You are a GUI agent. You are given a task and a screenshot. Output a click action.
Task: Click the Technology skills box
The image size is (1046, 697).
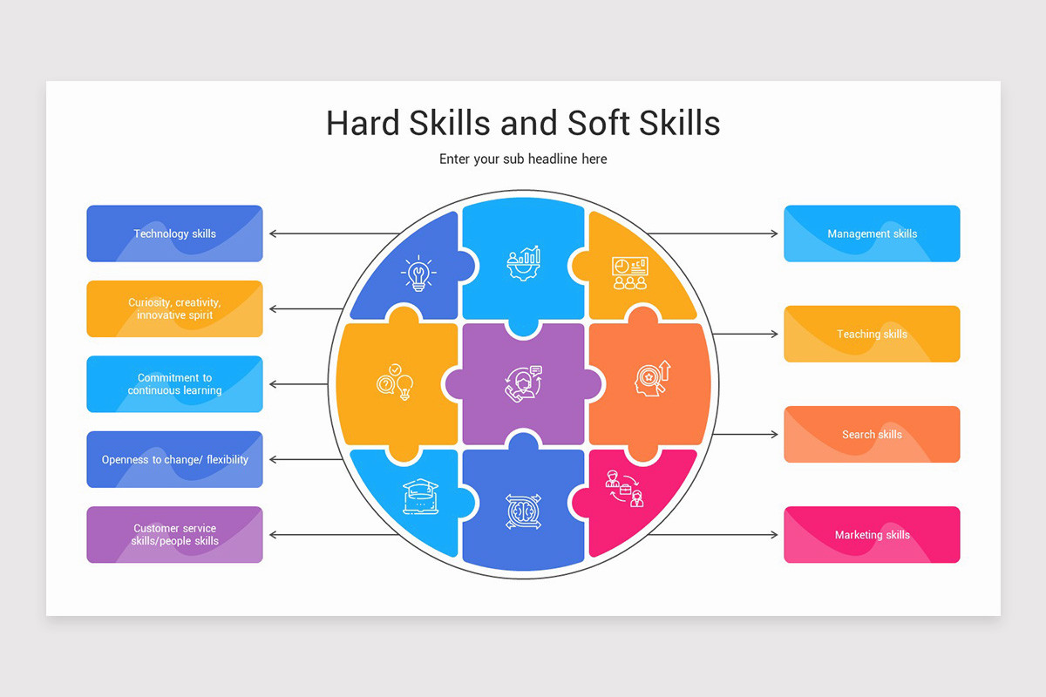(x=174, y=233)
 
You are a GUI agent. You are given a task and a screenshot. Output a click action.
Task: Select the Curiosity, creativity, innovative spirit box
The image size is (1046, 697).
(x=174, y=308)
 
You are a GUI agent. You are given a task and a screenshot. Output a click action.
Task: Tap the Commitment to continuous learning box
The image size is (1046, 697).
(x=174, y=383)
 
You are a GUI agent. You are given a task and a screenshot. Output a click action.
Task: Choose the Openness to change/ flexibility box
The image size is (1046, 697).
(x=174, y=459)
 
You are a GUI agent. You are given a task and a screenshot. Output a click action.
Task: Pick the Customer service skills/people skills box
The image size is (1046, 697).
(x=174, y=535)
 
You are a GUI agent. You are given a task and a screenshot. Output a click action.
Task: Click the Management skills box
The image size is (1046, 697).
(x=872, y=233)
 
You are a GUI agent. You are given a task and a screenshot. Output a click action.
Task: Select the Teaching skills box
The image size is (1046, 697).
(x=872, y=334)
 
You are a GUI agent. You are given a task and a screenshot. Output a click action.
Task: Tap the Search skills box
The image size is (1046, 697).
(x=872, y=434)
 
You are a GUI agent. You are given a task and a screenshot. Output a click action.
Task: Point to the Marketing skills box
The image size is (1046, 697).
(x=872, y=535)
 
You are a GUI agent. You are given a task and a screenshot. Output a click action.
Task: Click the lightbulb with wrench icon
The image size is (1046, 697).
(x=418, y=274)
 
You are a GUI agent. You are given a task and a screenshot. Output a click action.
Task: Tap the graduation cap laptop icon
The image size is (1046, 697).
(x=420, y=497)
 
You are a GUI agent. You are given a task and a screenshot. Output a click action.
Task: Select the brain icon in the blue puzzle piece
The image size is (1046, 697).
(x=524, y=511)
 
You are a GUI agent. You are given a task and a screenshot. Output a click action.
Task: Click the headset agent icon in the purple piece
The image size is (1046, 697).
(x=524, y=383)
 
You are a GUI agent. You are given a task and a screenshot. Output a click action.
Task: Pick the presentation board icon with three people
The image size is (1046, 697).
(x=630, y=273)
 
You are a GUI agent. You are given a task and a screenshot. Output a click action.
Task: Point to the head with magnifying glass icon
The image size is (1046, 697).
(x=652, y=379)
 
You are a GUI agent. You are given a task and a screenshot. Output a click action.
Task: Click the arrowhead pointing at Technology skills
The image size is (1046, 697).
(x=273, y=233)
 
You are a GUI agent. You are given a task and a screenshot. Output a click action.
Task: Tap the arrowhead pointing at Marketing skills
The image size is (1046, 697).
(x=774, y=535)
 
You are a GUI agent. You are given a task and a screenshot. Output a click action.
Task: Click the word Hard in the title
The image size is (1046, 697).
(x=363, y=123)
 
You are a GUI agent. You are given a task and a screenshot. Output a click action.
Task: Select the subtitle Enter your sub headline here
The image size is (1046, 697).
(x=523, y=159)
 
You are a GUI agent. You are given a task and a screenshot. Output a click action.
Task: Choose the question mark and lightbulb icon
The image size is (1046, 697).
(x=395, y=382)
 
